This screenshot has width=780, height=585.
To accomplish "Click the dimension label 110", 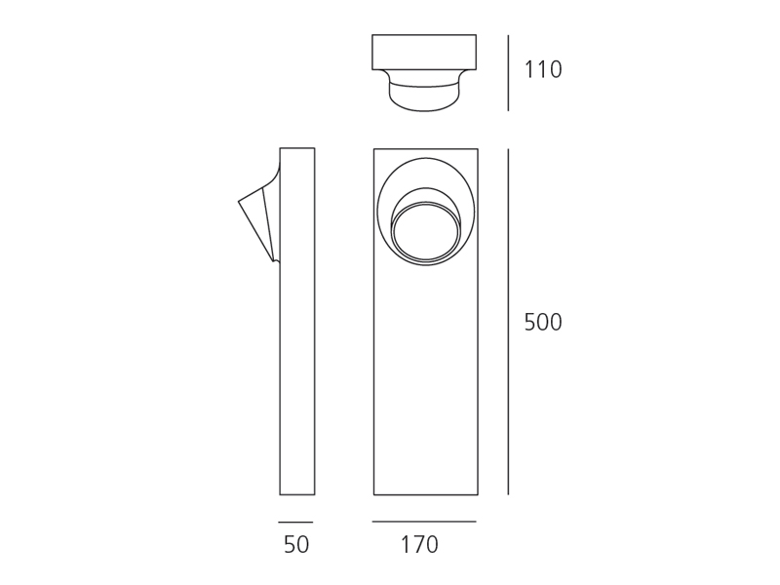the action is tap(543, 69).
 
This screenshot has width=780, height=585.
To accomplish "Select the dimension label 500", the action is tap(543, 323).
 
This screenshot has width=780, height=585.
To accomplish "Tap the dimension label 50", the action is tap(296, 545).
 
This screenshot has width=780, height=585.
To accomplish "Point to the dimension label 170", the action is tap(419, 545).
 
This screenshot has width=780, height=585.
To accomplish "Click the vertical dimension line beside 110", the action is tap(508, 72).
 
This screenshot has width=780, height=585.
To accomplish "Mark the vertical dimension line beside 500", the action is tap(508, 322).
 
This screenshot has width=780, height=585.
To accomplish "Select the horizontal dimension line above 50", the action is tap(295, 523).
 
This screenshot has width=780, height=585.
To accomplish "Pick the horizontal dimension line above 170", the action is tap(424, 522).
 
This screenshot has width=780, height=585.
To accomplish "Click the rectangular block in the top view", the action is tap(424, 53).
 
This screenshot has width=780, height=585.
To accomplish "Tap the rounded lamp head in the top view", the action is tap(424, 91).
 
